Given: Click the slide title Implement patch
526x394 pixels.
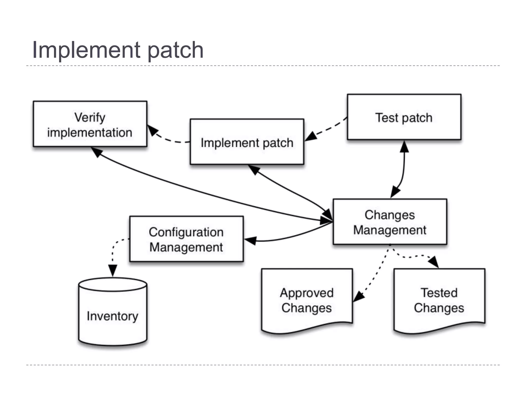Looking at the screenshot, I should (118, 50).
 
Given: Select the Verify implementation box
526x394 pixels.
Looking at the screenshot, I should (90, 124).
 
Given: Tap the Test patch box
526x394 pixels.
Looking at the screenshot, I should (404, 117).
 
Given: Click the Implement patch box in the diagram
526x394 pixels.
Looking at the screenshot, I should (247, 142).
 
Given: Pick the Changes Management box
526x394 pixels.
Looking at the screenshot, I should (390, 222).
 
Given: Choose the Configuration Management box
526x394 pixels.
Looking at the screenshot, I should (186, 239).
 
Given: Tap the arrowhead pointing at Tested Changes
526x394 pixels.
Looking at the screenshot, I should (434, 262).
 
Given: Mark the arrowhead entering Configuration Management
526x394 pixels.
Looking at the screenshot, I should (250, 240).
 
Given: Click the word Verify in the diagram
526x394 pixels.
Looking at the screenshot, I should (90, 117).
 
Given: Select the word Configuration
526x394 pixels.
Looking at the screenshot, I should (186, 232).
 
